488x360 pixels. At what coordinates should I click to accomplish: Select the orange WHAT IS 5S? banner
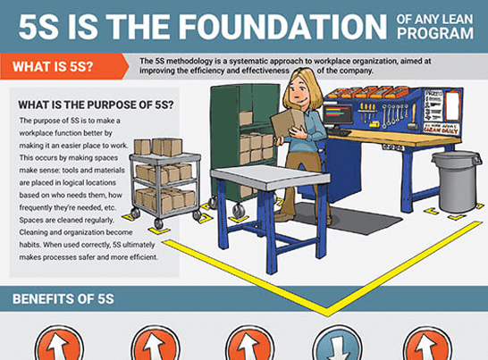(63, 66)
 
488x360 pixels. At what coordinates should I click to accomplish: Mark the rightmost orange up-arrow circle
(427, 346)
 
